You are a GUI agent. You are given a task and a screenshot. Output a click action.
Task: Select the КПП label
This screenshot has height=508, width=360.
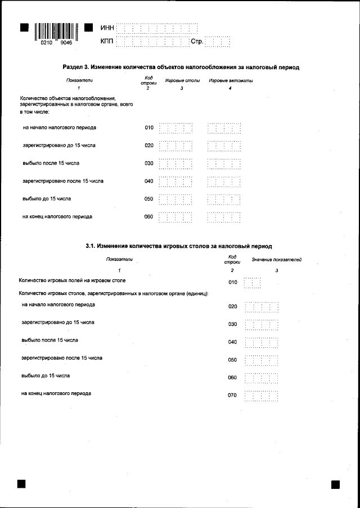pyautogui.click(x=107, y=42)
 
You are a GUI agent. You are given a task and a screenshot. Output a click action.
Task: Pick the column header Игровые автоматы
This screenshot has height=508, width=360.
pyautogui.click(x=231, y=81)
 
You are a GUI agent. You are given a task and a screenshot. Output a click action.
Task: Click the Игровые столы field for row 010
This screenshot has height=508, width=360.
pyautogui.click(x=176, y=128)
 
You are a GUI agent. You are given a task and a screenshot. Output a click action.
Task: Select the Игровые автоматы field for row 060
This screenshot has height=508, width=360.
pyautogui.click(x=224, y=217)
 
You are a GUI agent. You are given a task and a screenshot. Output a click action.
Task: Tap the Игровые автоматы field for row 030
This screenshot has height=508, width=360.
pyautogui.click(x=224, y=164)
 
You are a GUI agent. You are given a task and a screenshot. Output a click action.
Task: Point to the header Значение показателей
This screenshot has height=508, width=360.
pyautogui.click(x=276, y=260)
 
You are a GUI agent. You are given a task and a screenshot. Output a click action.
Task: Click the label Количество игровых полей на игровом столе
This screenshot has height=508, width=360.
pyautogui.click(x=72, y=280)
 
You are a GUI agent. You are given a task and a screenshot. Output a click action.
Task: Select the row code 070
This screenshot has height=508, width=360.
pyautogui.click(x=232, y=396)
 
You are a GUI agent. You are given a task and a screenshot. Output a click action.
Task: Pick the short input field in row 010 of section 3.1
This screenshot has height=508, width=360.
pyautogui.click(x=252, y=282)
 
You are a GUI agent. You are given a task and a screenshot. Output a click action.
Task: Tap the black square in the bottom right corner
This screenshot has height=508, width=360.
pyautogui.click(x=335, y=484)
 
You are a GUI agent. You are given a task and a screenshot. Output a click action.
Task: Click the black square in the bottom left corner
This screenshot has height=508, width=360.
pyautogui.click(x=22, y=484)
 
